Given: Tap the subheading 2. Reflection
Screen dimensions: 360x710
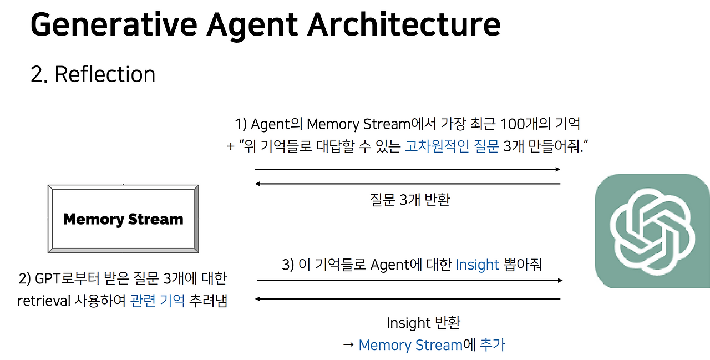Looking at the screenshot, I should point(93,74).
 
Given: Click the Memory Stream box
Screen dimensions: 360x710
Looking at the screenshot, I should point(123,219).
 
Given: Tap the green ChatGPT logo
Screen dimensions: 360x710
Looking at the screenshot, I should point(652,231).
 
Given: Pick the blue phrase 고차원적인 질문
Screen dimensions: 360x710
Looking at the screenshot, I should point(452,146).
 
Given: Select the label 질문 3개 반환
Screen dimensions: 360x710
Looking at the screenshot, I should point(409,200).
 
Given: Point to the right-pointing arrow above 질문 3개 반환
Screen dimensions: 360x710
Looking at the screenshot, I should point(408,169).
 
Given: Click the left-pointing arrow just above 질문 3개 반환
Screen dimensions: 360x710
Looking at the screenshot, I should point(408,184).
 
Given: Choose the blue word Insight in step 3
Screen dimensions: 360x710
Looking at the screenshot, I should point(478,265).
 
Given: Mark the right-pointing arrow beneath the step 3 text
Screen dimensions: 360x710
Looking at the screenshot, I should point(410,281).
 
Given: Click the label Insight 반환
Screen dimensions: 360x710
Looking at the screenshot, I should point(423,322).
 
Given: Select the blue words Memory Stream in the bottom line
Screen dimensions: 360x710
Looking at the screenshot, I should point(410,345).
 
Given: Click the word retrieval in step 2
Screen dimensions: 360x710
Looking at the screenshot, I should point(44,301).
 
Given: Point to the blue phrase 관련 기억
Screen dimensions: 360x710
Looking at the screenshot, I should point(158,301).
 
